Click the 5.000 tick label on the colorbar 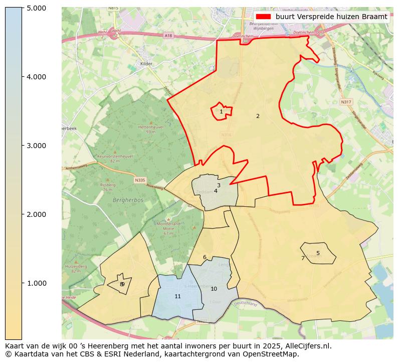pyautogui.click(x=36, y=8)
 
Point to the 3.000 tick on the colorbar pyautogui.click(x=36, y=146)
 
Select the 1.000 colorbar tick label pyautogui.click(x=36, y=283)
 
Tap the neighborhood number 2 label pyautogui.click(x=258, y=116)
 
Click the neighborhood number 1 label pyautogui.click(x=221, y=111)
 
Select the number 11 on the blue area pyautogui.click(x=177, y=296)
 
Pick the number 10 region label pyautogui.click(x=214, y=289)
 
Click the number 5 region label pyautogui.click(x=318, y=253)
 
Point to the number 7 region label pyautogui.click(x=303, y=258)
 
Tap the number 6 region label pyautogui.click(x=205, y=257)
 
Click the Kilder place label pyautogui.click(x=146, y=64)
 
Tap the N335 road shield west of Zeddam pyautogui.click(x=139, y=179)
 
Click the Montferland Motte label pyautogui.click(x=168, y=226)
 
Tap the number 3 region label pyautogui.click(x=219, y=185)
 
